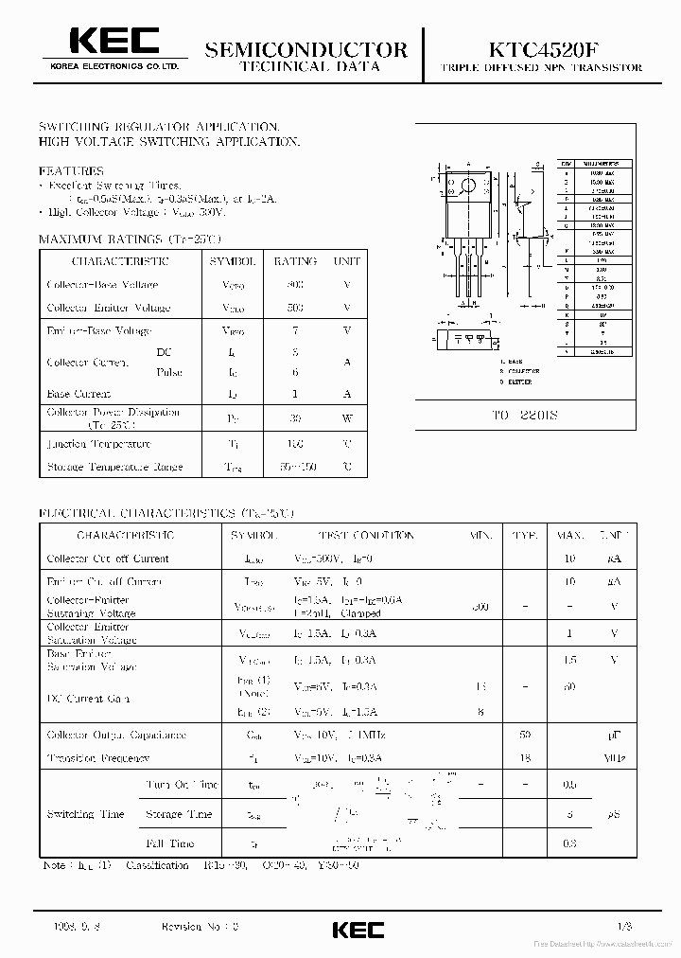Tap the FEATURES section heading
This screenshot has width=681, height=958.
71,171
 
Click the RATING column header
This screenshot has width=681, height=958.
295,261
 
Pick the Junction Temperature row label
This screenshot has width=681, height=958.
98,444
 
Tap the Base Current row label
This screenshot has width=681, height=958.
79,394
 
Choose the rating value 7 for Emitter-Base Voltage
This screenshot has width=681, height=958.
295,330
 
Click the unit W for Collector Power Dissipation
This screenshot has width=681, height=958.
347,418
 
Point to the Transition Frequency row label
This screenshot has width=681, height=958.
98,758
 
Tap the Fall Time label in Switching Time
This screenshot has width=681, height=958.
170,843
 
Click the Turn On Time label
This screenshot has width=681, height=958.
182,785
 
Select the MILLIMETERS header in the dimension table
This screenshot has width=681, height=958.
595,164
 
